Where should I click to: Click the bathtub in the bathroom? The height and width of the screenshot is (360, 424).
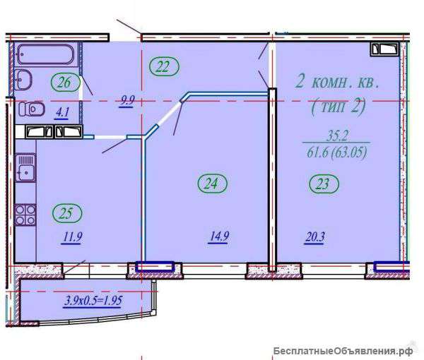pyautogui.click(x=46, y=54)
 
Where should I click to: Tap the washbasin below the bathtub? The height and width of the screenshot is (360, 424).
pyautogui.click(x=24, y=79)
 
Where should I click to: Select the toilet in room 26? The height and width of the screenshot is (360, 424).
pyautogui.click(x=32, y=109)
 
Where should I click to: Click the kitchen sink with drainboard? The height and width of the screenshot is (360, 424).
pyautogui.click(x=25, y=167)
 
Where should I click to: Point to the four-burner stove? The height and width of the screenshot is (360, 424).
pyautogui.click(x=25, y=215)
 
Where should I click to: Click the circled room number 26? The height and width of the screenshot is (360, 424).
pyautogui.click(x=65, y=83)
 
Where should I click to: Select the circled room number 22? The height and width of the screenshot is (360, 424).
pyautogui.click(x=163, y=66)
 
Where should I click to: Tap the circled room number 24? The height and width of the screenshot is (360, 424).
pyautogui.click(x=213, y=184)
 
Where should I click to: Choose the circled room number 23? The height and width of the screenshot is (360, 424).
pyautogui.click(x=324, y=184)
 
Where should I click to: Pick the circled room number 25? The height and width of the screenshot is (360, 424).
pyautogui.click(x=67, y=213)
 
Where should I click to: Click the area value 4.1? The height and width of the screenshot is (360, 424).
pyautogui.click(x=62, y=113)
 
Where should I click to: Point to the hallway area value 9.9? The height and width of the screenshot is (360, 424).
pyautogui.click(x=127, y=101)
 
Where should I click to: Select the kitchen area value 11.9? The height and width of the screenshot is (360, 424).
pyautogui.click(x=72, y=238)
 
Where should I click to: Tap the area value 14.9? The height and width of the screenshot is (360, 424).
pyautogui.click(x=219, y=237)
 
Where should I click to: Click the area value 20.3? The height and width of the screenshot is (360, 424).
pyautogui.click(x=314, y=238)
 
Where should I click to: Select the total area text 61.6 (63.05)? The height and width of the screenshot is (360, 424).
pyautogui.click(x=337, y=152)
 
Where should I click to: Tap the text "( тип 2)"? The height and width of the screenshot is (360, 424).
pyautogui.click(x=338, y=106)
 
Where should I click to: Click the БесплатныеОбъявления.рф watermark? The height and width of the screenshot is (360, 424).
pyautogui.click(x=343, y=351)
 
